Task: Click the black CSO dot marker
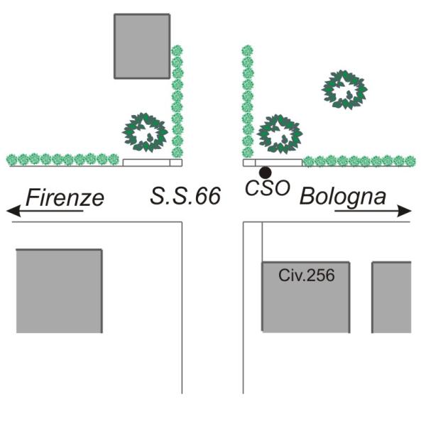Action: coord(265,172)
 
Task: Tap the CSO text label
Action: coord(267,189)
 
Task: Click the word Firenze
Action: coord(65,197)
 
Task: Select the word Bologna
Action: coord(343,196)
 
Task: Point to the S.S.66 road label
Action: coord(185,196)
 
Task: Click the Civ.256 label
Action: coord(306,274)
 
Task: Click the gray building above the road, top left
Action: coord(142,45)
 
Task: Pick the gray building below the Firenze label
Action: coord(59,290)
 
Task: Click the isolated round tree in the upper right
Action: coord(344,89)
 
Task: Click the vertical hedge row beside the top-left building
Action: coord(177,99)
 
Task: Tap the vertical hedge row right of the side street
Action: coord(247,99)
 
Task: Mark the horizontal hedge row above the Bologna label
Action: coord(359,161)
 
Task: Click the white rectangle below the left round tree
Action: coord(146,163)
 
